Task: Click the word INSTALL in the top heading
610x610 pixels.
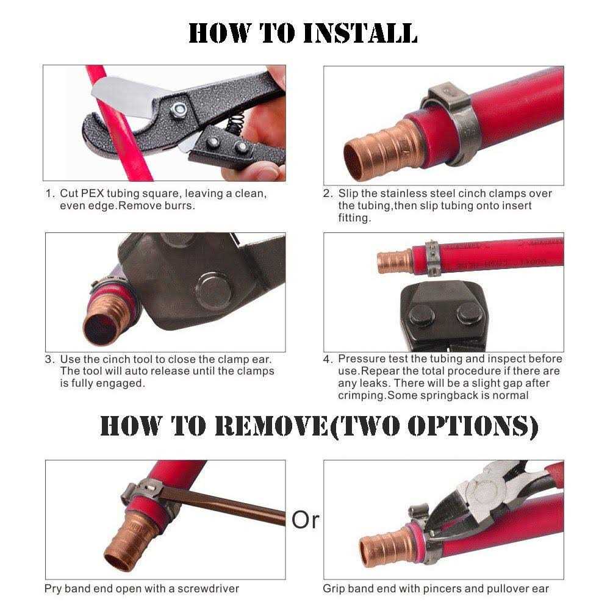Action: pyautogui.click(x=360, y=33)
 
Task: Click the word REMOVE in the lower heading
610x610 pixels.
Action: pyautogui.click(x=271, y=426)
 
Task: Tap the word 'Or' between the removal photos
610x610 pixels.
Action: pyautogui.click(x=306, y=520)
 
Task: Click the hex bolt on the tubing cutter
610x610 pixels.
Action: pyautogui.click(x=179, y=109)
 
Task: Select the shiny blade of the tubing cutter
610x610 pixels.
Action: pyautogui.click(x=126, y=97)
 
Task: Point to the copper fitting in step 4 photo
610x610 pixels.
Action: pyautogui.click(x=395, y=262)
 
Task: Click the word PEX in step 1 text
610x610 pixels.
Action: pyautogui.click(x=92, y=194)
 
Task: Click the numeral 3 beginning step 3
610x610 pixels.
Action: pyautogui.click(x=49, y=359)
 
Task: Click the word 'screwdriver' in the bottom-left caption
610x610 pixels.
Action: pyautogui.click(x=208, y=589)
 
